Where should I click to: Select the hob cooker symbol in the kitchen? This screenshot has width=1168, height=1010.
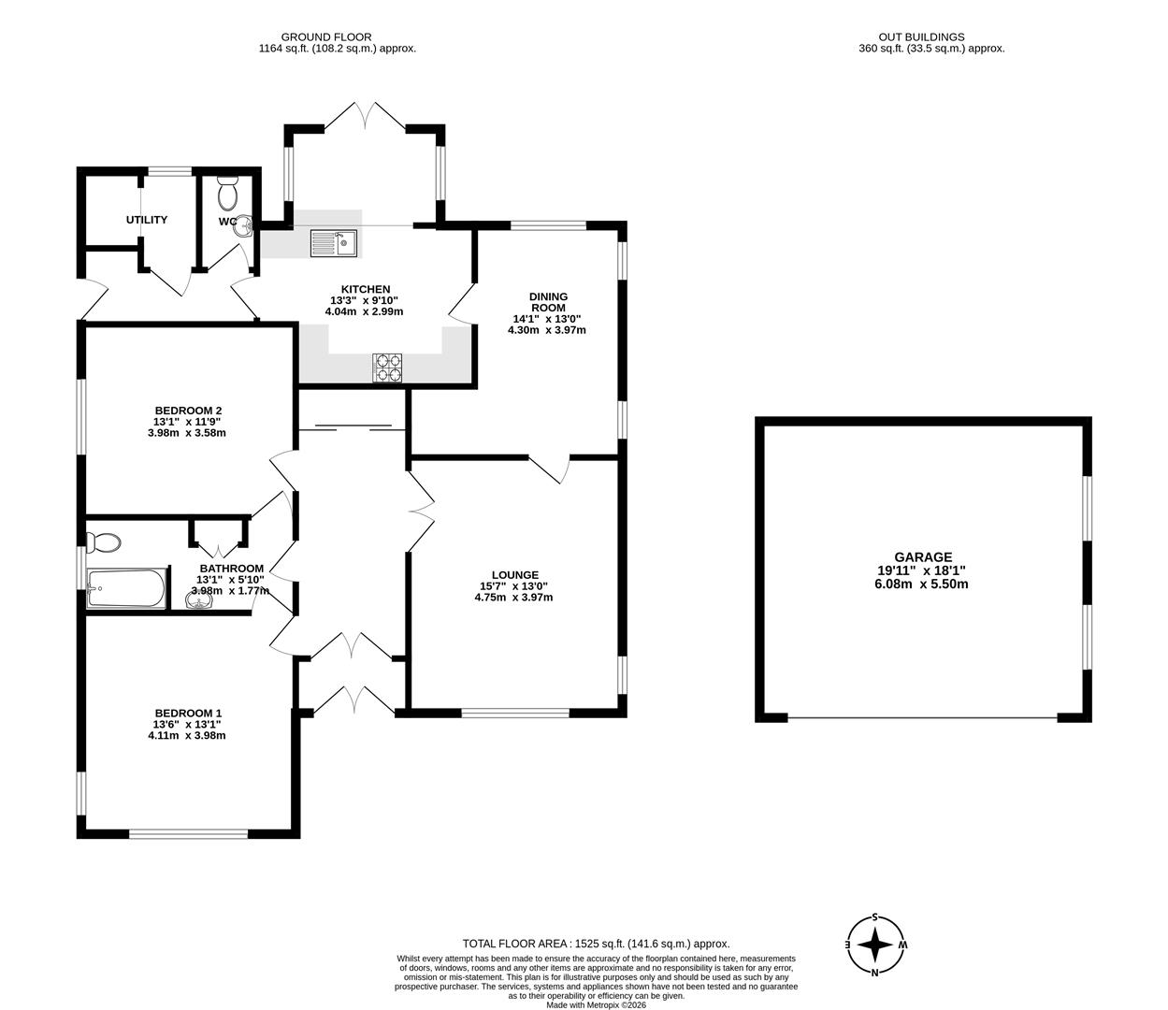[387, 368]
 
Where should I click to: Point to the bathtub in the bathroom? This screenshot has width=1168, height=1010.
[126, 588]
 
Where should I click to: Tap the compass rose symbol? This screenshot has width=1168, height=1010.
[875, 945]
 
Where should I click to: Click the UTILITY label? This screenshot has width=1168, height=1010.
[147, 220]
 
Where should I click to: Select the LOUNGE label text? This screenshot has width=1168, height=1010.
[515, 575]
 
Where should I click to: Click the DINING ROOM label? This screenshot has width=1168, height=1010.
[549, 302]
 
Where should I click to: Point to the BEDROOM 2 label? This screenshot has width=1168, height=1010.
[188, 410]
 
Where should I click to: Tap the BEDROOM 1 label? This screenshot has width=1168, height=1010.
[188, 713]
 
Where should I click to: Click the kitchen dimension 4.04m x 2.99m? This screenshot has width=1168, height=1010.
[364, 311]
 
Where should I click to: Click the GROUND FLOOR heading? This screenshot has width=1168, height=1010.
[337, 37]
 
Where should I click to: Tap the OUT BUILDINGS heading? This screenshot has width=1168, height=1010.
[931, 37]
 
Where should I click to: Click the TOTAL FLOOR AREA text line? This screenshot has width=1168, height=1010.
[596, 944]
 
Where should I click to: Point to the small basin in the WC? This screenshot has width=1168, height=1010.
[244, 224]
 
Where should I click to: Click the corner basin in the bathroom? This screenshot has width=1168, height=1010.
[199, 602]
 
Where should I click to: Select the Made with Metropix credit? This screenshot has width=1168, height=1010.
[596, 1005]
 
